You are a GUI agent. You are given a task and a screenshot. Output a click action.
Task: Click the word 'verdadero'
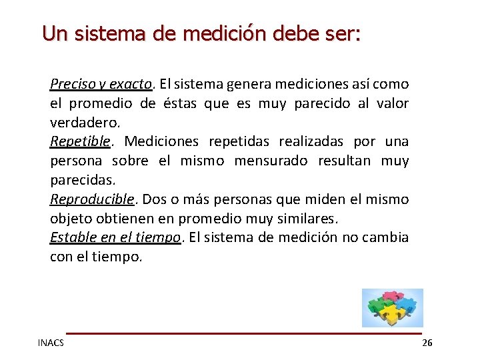pos(84,123)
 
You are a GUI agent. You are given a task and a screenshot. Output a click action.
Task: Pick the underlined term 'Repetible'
pos(80,142)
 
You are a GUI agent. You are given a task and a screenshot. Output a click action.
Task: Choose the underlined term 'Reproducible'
pos(93,199)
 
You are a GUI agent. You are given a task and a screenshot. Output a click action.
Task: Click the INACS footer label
pos(51,343)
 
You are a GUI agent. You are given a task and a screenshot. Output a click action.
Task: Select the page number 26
pos(427,343)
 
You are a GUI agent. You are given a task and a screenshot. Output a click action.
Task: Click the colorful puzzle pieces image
pos(392,307)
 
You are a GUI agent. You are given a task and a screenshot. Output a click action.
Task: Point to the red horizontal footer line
pos(243,333)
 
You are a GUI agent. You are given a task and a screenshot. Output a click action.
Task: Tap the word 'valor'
pos(391,104)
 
